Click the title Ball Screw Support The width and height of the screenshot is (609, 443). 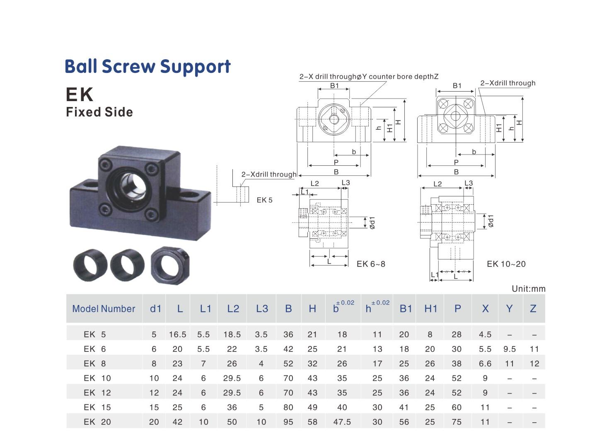click(x=147, y=66)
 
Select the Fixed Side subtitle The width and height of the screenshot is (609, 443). click(x=99, y=112)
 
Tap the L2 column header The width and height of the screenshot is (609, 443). click(x=233, y=309)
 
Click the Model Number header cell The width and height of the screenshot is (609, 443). click(x=104, y=309)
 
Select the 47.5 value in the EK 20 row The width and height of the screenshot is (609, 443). click(x=342, y=422)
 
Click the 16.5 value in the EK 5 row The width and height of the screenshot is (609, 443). click(x=177, y=334)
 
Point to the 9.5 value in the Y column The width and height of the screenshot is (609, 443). click(x=509, y=349)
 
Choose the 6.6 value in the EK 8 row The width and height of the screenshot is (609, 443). click(x=485, y=363)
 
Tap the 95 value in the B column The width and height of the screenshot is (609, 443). click(x=288, y=422)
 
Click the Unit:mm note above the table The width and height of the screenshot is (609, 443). click(x=528, y=289)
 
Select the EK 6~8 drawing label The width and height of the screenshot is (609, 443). click(x=371, y=264)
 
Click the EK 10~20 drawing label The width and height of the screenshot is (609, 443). click(x=506, y=264)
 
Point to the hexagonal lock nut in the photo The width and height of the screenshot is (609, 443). click(x=170, y=265)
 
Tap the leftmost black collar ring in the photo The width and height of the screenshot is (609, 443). click(x=90, y=265)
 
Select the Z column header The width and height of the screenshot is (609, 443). click(x=533, y=309)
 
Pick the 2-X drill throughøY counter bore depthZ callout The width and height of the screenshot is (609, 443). click(x=369, y=77)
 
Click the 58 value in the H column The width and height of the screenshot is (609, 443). click(x=312, y=422)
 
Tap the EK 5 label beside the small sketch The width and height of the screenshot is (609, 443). click(x=264, y=200)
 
